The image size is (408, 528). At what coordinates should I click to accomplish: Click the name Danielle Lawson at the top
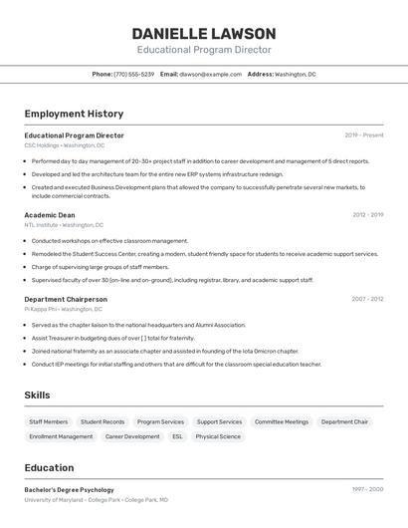[x=204, y=33]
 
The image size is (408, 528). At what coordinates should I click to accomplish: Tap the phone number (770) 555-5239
[x=133, y=75]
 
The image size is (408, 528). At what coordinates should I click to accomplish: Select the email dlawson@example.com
[x=210, y=75]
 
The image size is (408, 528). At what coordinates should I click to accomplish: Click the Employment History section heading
[x=74, y=114]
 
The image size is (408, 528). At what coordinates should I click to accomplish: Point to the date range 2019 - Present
[x=364, y=135]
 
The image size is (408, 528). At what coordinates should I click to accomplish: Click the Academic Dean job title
[x=50, y=215]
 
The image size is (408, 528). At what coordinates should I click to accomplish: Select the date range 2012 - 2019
[x=367, y=215]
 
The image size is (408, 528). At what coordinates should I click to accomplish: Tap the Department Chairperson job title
[x=66, y=299]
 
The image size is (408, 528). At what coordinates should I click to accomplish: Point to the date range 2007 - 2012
[x=367, y=299]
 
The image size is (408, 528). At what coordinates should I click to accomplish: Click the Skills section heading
[x=37, y=396]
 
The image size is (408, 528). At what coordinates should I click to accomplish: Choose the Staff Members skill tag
[x=49, y=422]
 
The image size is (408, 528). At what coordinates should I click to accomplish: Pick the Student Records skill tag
[x=102, y=422]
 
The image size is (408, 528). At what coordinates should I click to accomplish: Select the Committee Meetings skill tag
[x=282, y=422]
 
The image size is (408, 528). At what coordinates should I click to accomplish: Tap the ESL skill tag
[x=177, y=436]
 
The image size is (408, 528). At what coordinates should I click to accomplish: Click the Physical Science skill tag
[x=218, y=436]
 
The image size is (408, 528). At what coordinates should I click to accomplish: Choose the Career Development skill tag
[x=132, y=436]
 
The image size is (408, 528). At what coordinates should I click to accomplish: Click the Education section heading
[x=49, y=468]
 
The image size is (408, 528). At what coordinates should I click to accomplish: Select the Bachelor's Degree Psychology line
[x=70, y=490]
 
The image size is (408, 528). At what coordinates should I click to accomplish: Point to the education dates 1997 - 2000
[x=367, y=490]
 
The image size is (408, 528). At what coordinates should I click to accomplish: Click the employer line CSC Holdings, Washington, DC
[x=64, y=145]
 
